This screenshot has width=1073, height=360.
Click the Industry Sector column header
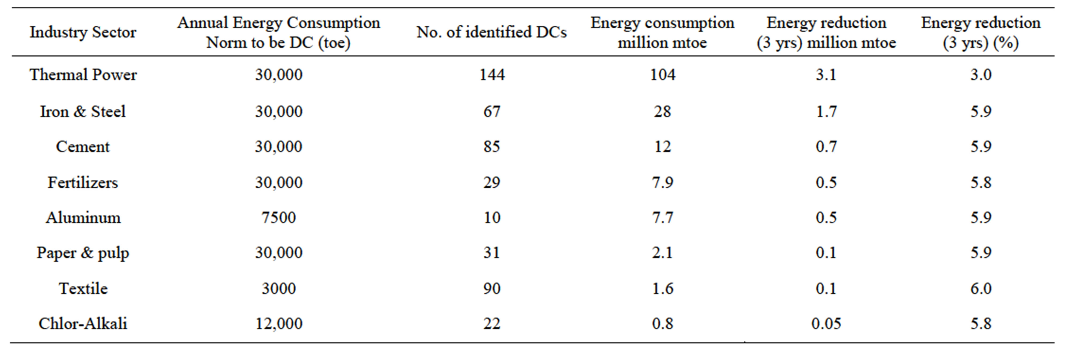coord(83,32)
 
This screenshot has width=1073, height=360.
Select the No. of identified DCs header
coord(491,32)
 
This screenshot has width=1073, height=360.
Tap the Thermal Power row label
coord(83,75)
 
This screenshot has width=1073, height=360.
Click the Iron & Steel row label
coord(83,111)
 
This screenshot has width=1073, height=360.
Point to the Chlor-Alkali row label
coord(83,323)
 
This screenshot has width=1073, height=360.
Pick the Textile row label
coord(83,288)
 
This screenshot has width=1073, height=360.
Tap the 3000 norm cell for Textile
coord(279,288)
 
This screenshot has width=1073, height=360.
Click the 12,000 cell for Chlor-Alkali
coord(279,323)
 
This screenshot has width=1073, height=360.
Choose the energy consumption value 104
coord(663,75)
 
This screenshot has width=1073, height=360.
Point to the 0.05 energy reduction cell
coord(826,323)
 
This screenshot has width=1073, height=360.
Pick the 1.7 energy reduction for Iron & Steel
coord(826,111)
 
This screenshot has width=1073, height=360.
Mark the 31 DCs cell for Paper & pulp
coord(491,252)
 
